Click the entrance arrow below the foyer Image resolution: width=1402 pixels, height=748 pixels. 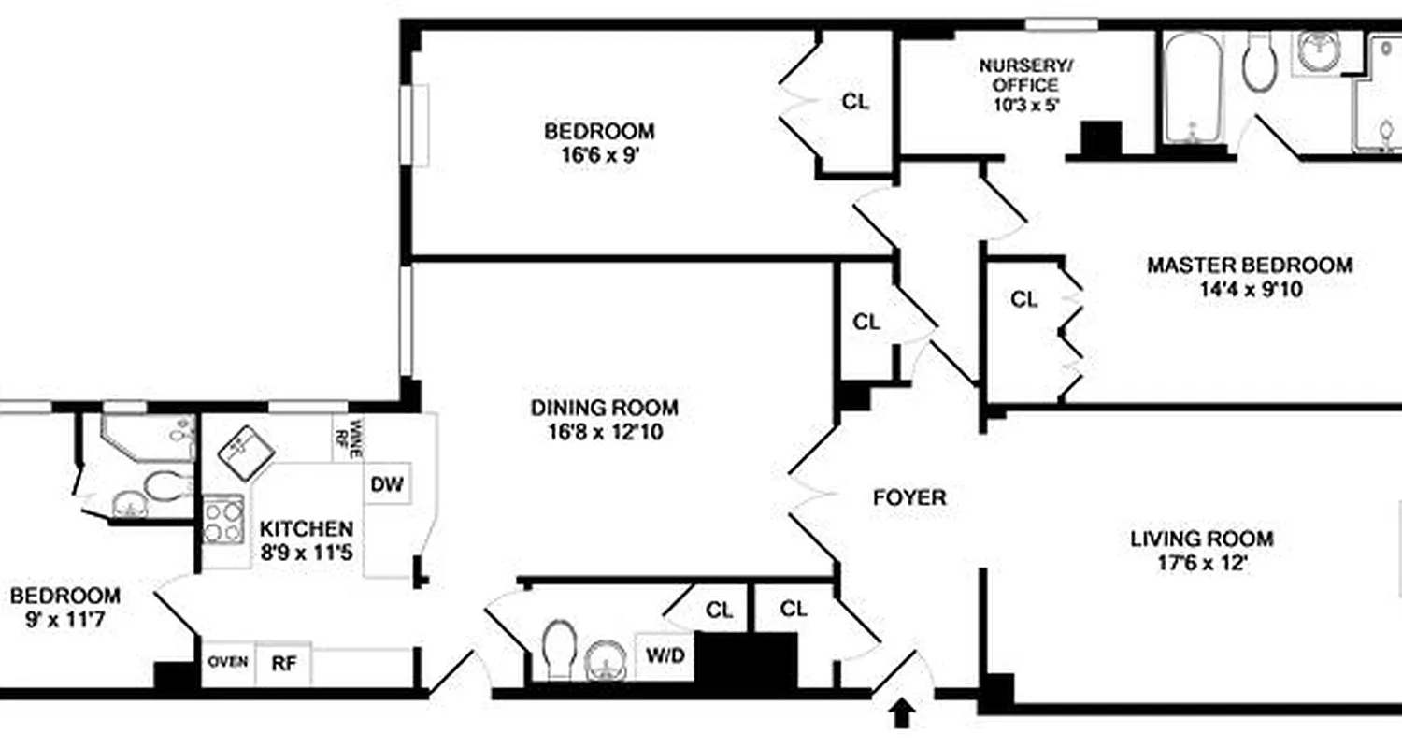[x=901, y=714]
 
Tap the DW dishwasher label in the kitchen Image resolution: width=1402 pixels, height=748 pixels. [x=387, y=484]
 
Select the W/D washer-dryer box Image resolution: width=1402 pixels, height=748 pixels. [x=665, y=656]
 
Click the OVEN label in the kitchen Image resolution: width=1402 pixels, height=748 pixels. [x=228, y=662]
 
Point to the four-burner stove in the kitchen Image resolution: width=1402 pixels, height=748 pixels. [x=223, y=520]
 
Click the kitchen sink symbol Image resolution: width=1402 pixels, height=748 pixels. [x=246, y=446]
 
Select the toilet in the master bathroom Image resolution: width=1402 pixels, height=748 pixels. [x=1259, y=62]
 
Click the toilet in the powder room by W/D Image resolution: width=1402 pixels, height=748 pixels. [x=562, y=649]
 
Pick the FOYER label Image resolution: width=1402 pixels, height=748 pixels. [x=908, y=498]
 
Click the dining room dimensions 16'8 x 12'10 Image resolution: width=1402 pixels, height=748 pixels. [x=604, y=432]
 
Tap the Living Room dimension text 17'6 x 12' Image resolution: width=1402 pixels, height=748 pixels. [x=1201, y=564]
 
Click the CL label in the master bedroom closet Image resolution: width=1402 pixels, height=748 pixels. [x=1024, y=300]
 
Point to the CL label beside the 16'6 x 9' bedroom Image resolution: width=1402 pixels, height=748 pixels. [x=854, y=102]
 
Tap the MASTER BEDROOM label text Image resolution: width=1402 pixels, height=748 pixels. [x=1249, y=266]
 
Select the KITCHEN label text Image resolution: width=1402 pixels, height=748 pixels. [x=307, y=528]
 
